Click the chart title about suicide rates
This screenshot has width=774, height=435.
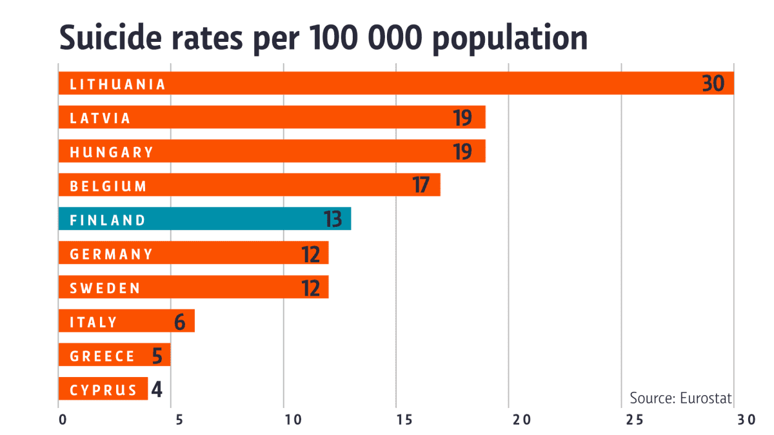[x=323, y=37]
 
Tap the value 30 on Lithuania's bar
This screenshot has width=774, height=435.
[x=714, y=84]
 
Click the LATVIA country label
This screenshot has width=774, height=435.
[x=100, y=119]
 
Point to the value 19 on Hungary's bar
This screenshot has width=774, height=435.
[x=462, y=152]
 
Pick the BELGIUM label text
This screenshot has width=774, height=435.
[x=108, y=186]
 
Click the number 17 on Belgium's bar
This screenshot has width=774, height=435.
[x=421, y=186]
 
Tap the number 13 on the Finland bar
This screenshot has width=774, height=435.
[x=333, y=220]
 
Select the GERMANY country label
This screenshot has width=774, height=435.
[x=112, y=254]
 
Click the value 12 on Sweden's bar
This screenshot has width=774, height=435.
[x=311, y=287]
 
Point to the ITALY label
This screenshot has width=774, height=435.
[x=94, y=322]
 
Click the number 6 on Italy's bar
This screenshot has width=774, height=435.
[x=180, y=322]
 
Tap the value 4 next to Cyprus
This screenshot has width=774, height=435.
[x=157, y=389]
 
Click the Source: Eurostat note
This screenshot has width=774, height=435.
[x=680, y=398]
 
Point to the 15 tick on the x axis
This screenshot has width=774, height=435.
[x=397, y=420]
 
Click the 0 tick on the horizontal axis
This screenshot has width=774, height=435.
[x=63, y=420]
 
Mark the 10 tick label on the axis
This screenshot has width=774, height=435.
[x=292, y=420]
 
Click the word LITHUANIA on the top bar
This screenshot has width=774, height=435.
[x=117, y=84]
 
